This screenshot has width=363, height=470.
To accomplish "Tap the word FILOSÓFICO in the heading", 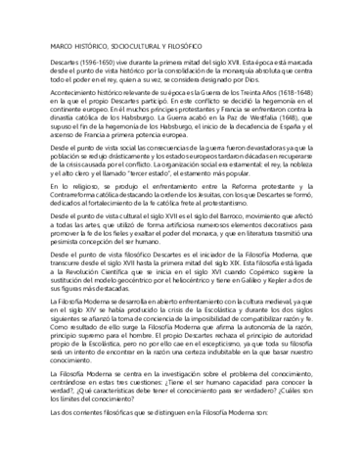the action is [x=173, y=46].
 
